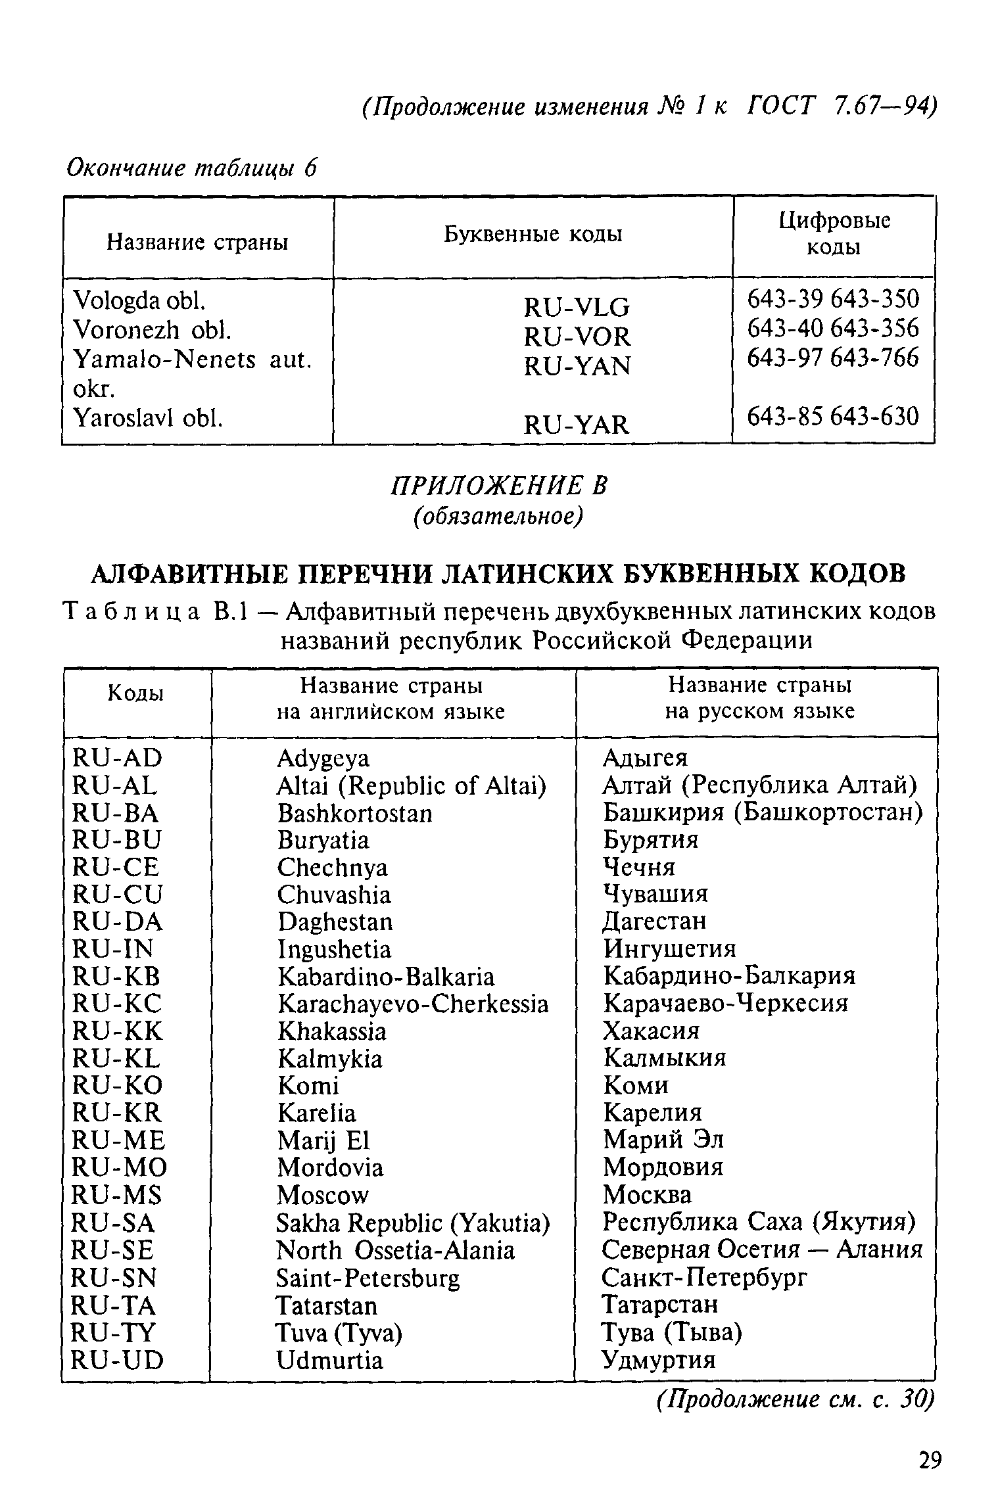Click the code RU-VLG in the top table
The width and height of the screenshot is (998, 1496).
577,308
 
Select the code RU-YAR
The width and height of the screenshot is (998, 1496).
577,425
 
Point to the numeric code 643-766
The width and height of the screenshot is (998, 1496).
874,358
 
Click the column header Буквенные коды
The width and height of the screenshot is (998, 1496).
533,235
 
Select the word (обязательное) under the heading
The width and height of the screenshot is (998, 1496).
498,517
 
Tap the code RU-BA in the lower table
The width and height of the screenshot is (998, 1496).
116,814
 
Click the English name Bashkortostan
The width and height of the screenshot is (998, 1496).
355,814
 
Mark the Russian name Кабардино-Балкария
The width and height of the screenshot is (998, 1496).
729,976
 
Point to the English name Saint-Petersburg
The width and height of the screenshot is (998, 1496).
368,1278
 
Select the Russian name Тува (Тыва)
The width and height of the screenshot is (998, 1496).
672,1332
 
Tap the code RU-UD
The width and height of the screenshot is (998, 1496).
117,1360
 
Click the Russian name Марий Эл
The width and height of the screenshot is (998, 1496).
663,1139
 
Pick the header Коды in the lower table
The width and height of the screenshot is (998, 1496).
135,693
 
